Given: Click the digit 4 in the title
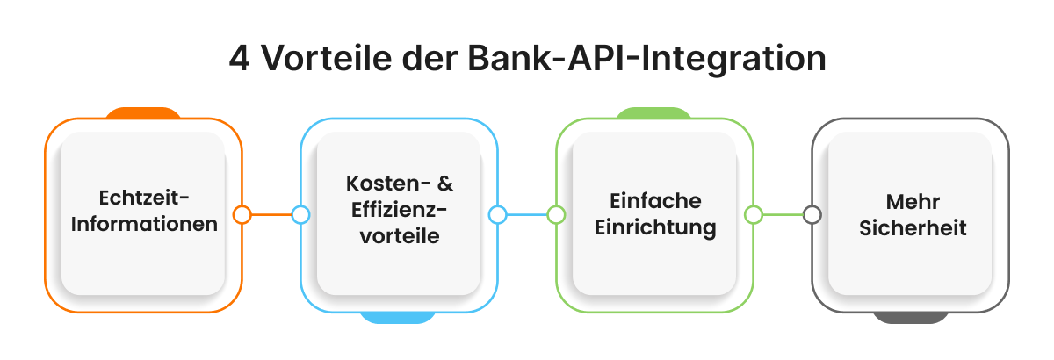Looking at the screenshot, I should tap(239, 60).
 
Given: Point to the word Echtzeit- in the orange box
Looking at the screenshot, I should tap(143, 197).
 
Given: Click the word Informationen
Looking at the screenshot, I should tap(143, 223).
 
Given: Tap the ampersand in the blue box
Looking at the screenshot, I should tap(444, 186).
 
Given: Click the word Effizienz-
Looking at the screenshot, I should tap(398, 212).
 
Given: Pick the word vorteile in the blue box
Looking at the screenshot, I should tap(398, 237).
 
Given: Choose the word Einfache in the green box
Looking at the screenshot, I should tap(654, 201).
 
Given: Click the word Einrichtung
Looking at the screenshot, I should tap(654, 227).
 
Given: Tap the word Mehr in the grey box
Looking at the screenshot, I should tap(911, 201).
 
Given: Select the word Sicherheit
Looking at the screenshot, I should tap(911, 227).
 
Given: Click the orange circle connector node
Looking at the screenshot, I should tap(242, 214).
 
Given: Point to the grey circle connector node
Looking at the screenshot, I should tap(812, 214).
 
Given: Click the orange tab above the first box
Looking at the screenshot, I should tap(143, 112).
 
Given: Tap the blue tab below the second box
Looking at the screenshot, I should tap(398, 317).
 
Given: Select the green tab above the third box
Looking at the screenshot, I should tap(653, 112).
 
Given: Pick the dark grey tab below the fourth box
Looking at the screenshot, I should tap(910, 317).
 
